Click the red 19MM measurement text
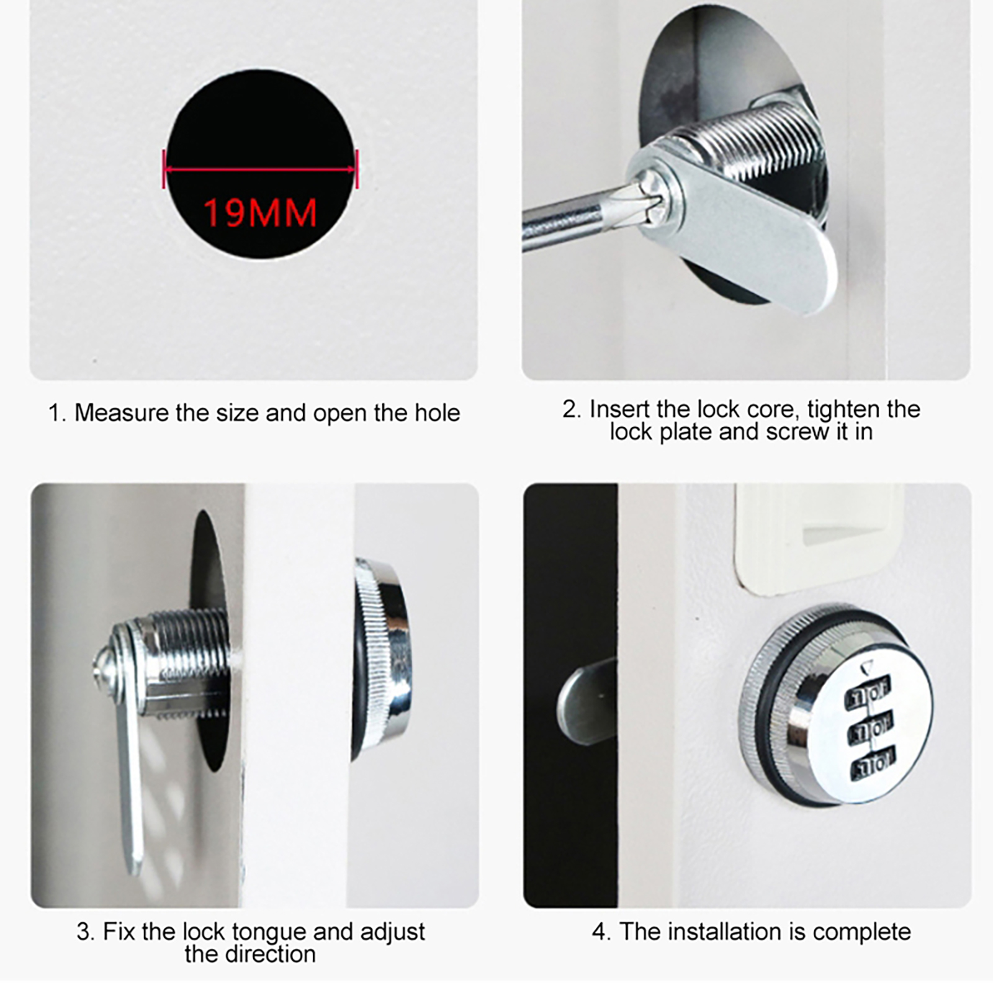(x=260, y=212)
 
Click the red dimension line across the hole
(x=261, y=169)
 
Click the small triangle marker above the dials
(x=867, y=668)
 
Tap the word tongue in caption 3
(x=269, y=933)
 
